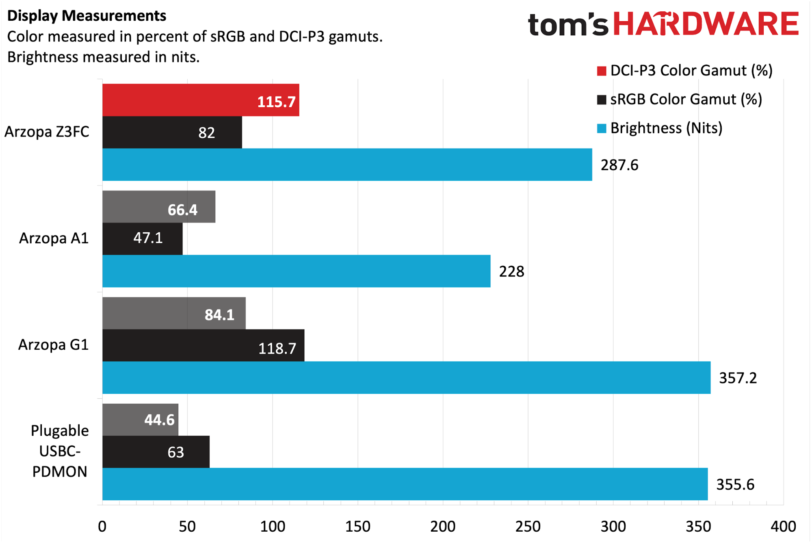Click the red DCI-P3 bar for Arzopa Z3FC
[x=201, y=100]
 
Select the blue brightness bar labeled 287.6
[x=347, y=164]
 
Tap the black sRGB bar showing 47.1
[x=142, y=239]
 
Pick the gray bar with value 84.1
[x=174, y=313]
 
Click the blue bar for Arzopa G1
[x=406, y=378]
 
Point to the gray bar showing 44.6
[x=140, y=420]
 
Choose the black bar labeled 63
[x=156, y=452]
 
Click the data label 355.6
[x=735, y=485]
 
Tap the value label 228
[x=511, y=271]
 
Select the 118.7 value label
[x=277, y=348]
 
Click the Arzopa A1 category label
[x=54, y=238]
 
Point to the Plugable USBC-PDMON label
[x=60, y=451]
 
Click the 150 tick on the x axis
[x=357, y=527]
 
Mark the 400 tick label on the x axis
[x=783, y=527]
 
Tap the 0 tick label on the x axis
[x=102, y=527]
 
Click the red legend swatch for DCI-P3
[x=601, y=71]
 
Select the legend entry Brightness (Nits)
[x=666, y=128]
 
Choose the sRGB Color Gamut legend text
[x=686, y=100]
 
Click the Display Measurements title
[x=87, y=16]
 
